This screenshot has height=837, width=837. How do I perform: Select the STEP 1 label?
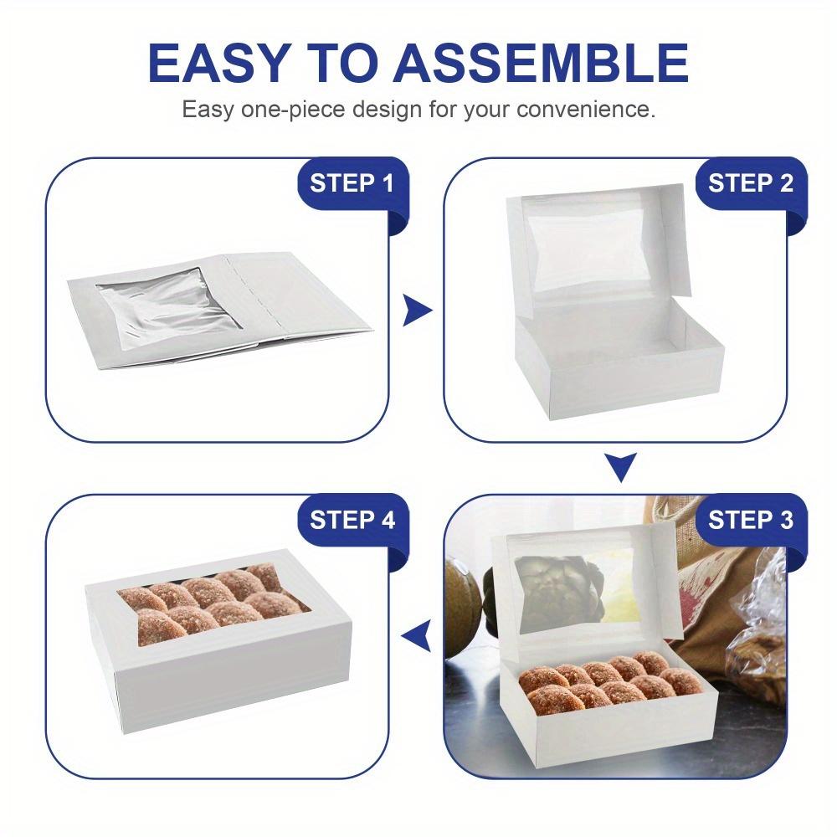click(x=352, y=183)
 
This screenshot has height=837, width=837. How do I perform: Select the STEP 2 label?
click(x=750, y=183)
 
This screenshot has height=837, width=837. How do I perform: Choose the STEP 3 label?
click(x=750, y=520)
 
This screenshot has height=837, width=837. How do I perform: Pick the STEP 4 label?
click(x=352, y=520)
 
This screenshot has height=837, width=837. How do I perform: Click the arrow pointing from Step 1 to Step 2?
click(x=416, y=310)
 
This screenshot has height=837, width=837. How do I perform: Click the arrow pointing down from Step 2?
click(x=620, y=467)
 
